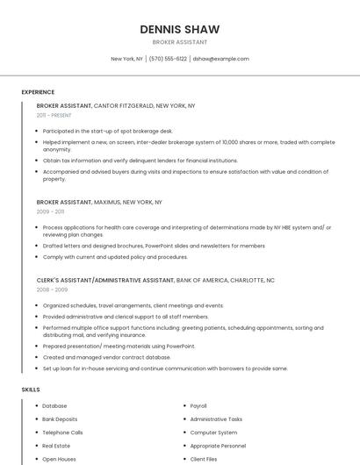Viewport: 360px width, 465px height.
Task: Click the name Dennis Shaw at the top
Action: (x=179, y=29)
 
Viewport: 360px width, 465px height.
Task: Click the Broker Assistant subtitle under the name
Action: (x=179, y=42)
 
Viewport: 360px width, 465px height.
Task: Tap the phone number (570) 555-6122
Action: (x=168, y=59)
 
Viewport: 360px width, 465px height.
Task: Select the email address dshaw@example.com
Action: (x=220, y=59)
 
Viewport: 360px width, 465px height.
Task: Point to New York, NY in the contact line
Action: (x=126, y=59)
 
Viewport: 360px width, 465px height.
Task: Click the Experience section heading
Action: (x=38, y=92)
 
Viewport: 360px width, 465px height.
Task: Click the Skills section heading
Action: (x=31, y=389)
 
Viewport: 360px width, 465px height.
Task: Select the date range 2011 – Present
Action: (x=54, y=115)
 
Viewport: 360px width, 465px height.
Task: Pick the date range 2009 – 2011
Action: (x=50, y=211)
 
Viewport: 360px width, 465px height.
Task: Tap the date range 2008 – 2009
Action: (x=52, y=289)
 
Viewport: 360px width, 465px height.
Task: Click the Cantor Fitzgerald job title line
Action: (x=116, y=105)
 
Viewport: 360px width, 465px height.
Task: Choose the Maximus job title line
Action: (x=99, y=202)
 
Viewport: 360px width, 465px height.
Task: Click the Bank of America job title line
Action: (x=155, y=280)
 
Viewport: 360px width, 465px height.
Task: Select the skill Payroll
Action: (x=198, y=406)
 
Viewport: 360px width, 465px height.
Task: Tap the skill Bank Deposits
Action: (x=60, y=419)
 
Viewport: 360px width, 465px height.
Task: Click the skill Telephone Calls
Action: (x=62, y=433)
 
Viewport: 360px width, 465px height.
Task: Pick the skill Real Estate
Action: (x=56, y=446)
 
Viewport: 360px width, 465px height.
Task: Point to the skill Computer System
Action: (x=213, y=433)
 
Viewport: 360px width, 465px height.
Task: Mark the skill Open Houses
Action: (x=59, y=459)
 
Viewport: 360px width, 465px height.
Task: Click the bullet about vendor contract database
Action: (x=106, y=357)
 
